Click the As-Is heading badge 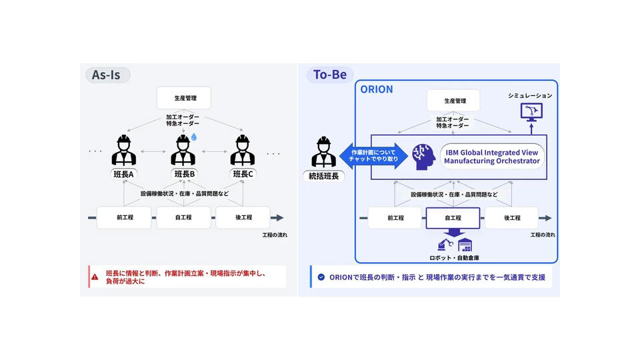107,75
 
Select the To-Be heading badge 330,75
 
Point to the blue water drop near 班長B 194,137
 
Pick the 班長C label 244,175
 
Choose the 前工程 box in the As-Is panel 124,217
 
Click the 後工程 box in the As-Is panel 243,217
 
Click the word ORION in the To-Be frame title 377,89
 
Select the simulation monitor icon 531,111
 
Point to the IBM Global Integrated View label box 493,157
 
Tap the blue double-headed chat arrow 368,155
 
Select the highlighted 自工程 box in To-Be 452,217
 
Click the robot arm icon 443,243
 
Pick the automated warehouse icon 465,243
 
